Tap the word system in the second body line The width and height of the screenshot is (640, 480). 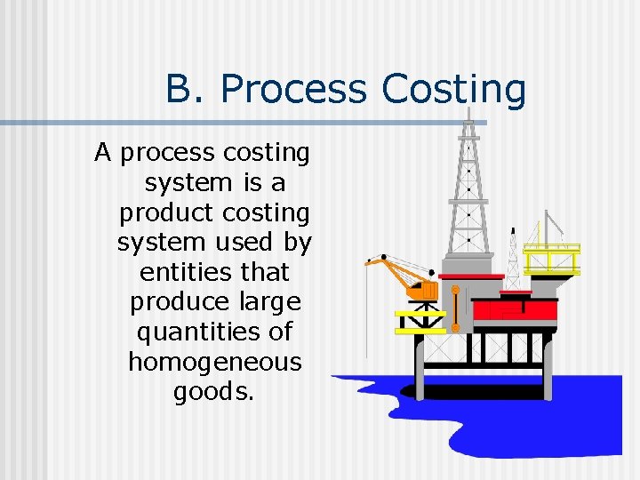(x=188, y=183)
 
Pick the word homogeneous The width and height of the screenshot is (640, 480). (x=215, y=362)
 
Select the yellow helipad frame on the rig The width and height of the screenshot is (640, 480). (x=551, y=259)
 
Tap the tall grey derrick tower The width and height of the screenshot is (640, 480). (x=468, y=187)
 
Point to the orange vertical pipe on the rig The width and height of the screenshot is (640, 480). (x=456, y=308)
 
